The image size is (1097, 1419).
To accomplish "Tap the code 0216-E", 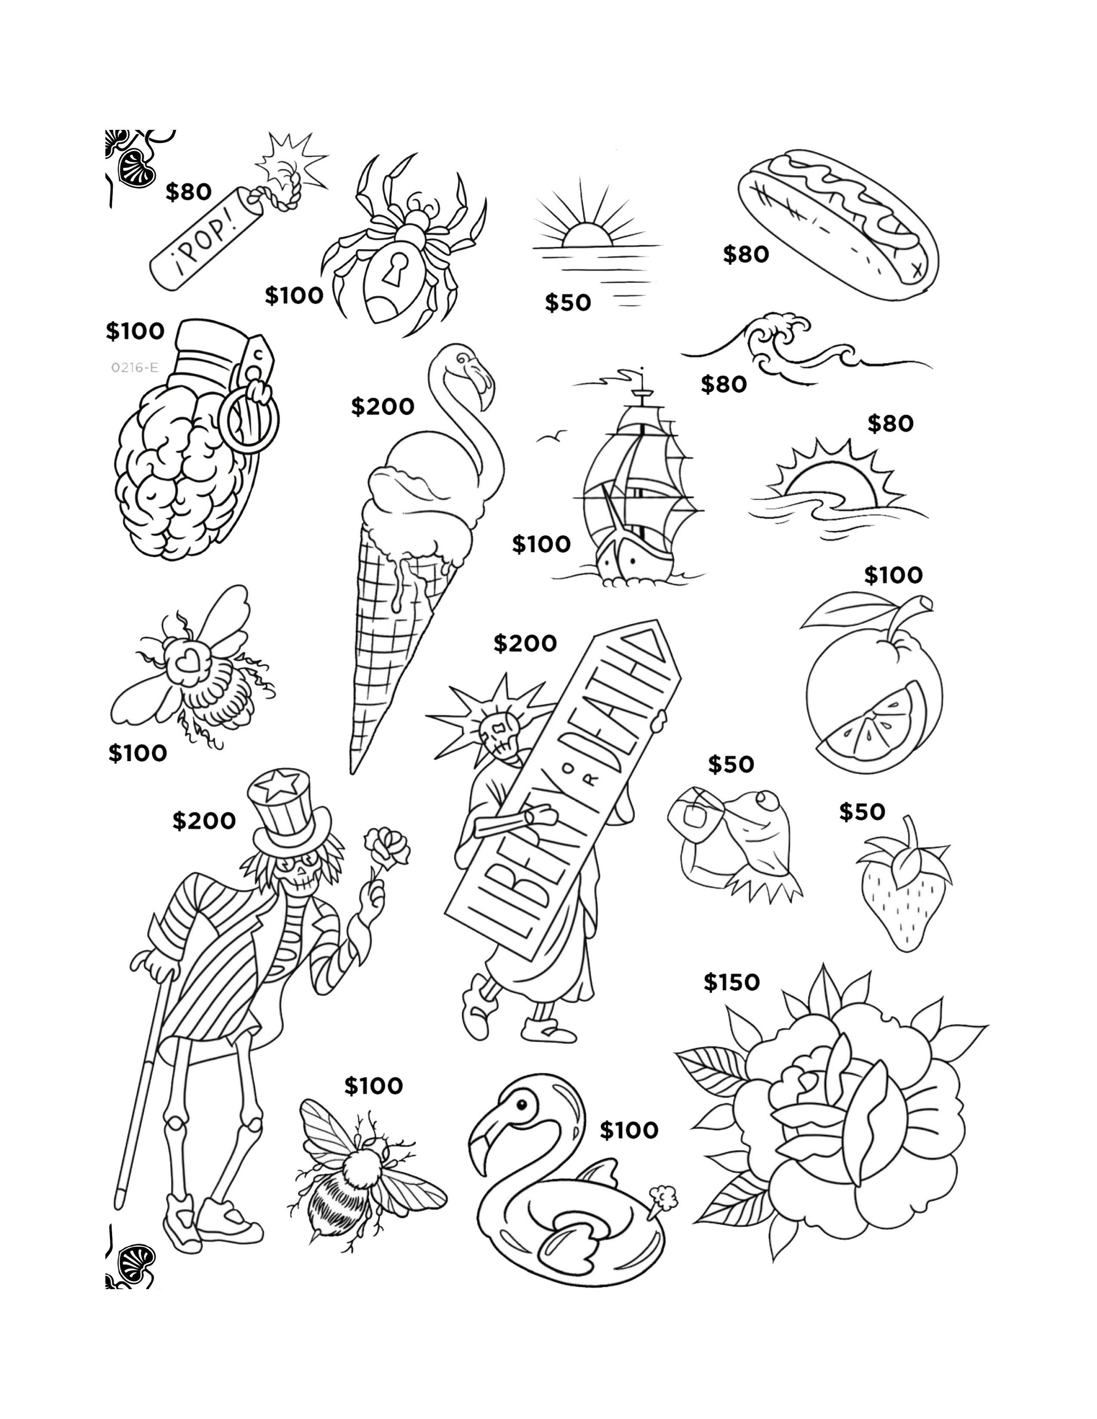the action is coord(134,368).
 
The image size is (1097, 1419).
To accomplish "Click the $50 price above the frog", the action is coord(730,764).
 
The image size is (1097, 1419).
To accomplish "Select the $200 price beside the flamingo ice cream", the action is coord(382,407).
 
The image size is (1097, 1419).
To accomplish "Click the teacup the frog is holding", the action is coord(693,811).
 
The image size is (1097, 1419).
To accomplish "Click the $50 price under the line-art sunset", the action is coord(567,302).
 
